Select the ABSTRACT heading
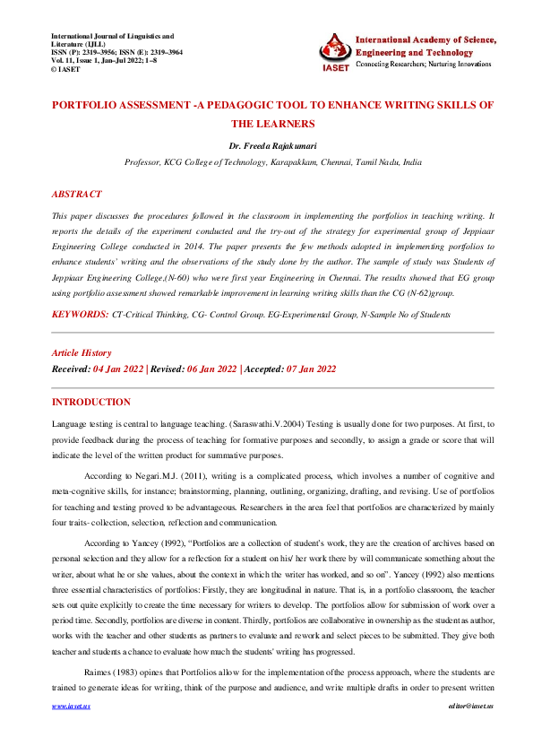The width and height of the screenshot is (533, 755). tap(76, 194)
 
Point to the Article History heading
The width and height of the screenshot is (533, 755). tap(82, 353)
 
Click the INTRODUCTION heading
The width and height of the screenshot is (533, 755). tap(90, 402)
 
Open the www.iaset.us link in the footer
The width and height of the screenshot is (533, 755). tap(71, 732)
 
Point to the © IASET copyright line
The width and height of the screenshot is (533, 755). tap(67, 68)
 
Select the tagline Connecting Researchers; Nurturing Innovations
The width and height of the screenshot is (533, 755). tap(423, 65)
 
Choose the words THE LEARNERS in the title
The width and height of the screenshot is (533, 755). tap(273, 124)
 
